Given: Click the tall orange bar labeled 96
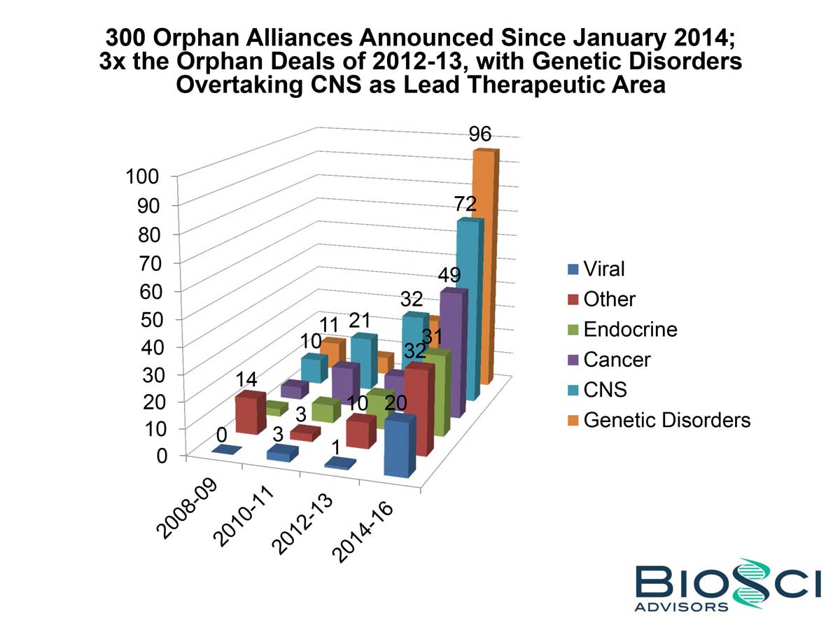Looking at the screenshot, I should coord(483,266).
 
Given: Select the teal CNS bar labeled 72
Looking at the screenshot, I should coord(467,308).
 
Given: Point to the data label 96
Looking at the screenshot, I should coord(482,134).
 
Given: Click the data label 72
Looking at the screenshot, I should coord(465,204).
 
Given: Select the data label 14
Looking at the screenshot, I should coord(245,380).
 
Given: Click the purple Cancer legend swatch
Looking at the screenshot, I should coord(573,360).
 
